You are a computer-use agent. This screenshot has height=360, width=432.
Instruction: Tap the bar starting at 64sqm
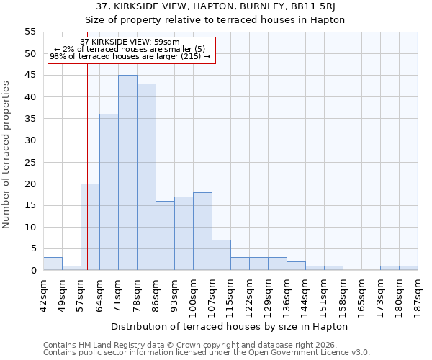click(109, 192)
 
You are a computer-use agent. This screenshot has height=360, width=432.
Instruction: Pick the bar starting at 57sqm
click(90, 227)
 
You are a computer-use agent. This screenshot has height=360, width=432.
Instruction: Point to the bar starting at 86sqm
click(165, 235)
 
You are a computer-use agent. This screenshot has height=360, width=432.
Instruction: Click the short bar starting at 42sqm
click(53, 264)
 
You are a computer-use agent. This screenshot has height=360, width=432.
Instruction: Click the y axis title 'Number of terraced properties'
click(6, 155)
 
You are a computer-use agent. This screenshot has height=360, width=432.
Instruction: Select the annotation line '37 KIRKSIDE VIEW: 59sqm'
click(130, 42)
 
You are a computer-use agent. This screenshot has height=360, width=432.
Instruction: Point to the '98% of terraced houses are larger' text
click(130, 56)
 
